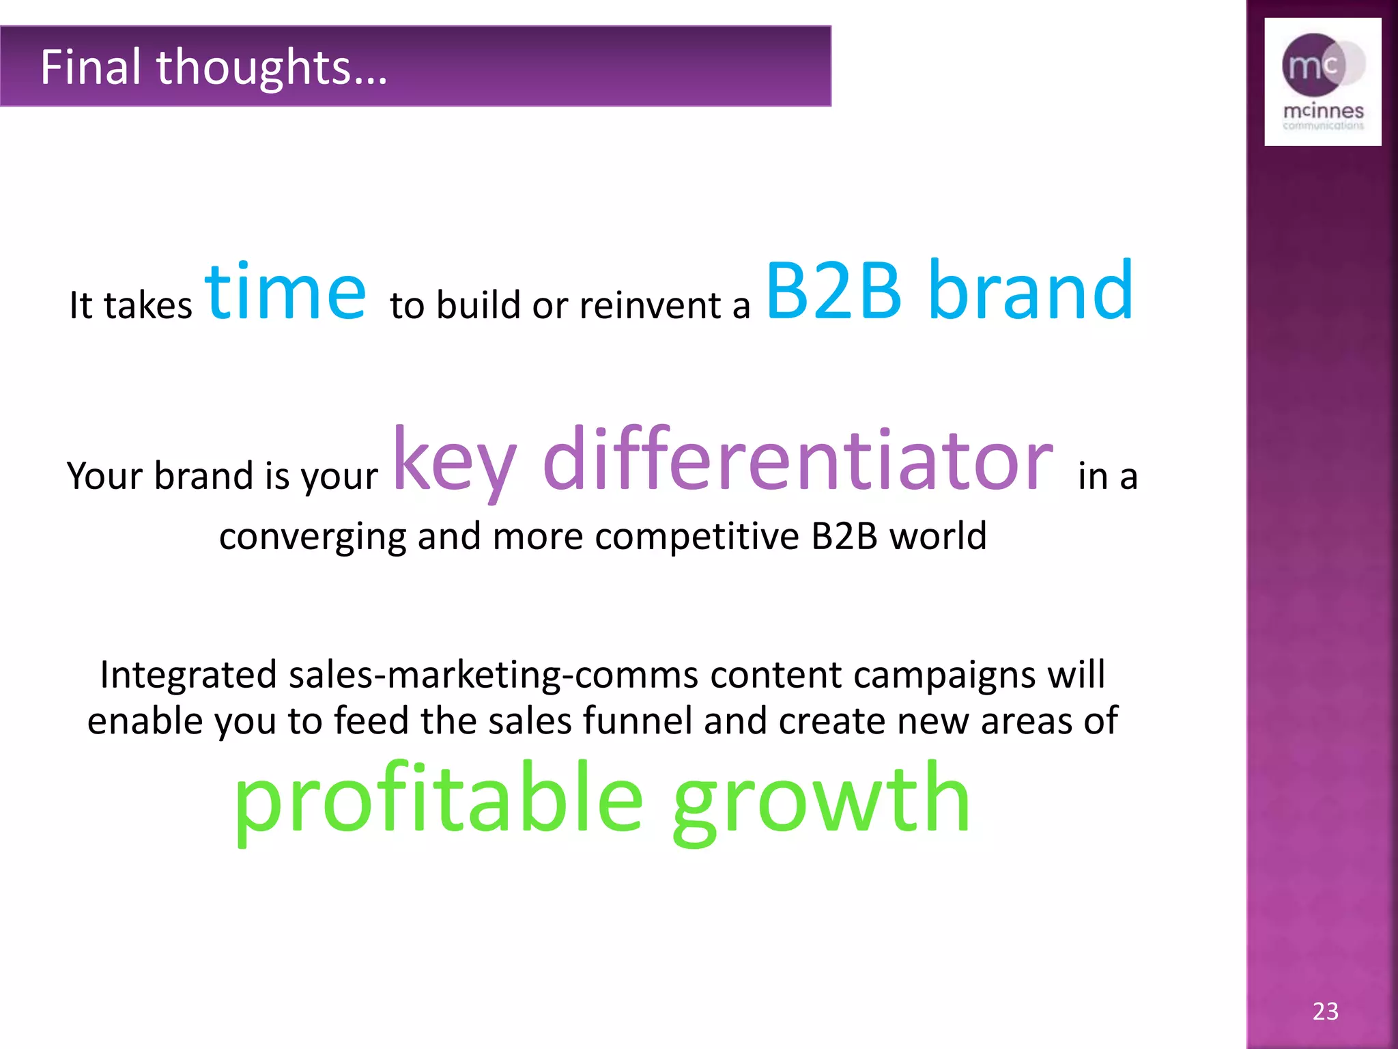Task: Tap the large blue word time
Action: (285, 292)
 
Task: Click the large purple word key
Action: (455, 460)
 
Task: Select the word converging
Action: (313, 537)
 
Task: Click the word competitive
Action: (697, 536)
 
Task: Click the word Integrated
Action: (188, 675)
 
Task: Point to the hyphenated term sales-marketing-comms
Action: (493, 675)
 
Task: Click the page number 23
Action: (1325, 1011)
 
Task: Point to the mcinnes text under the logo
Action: (1323, 111)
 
